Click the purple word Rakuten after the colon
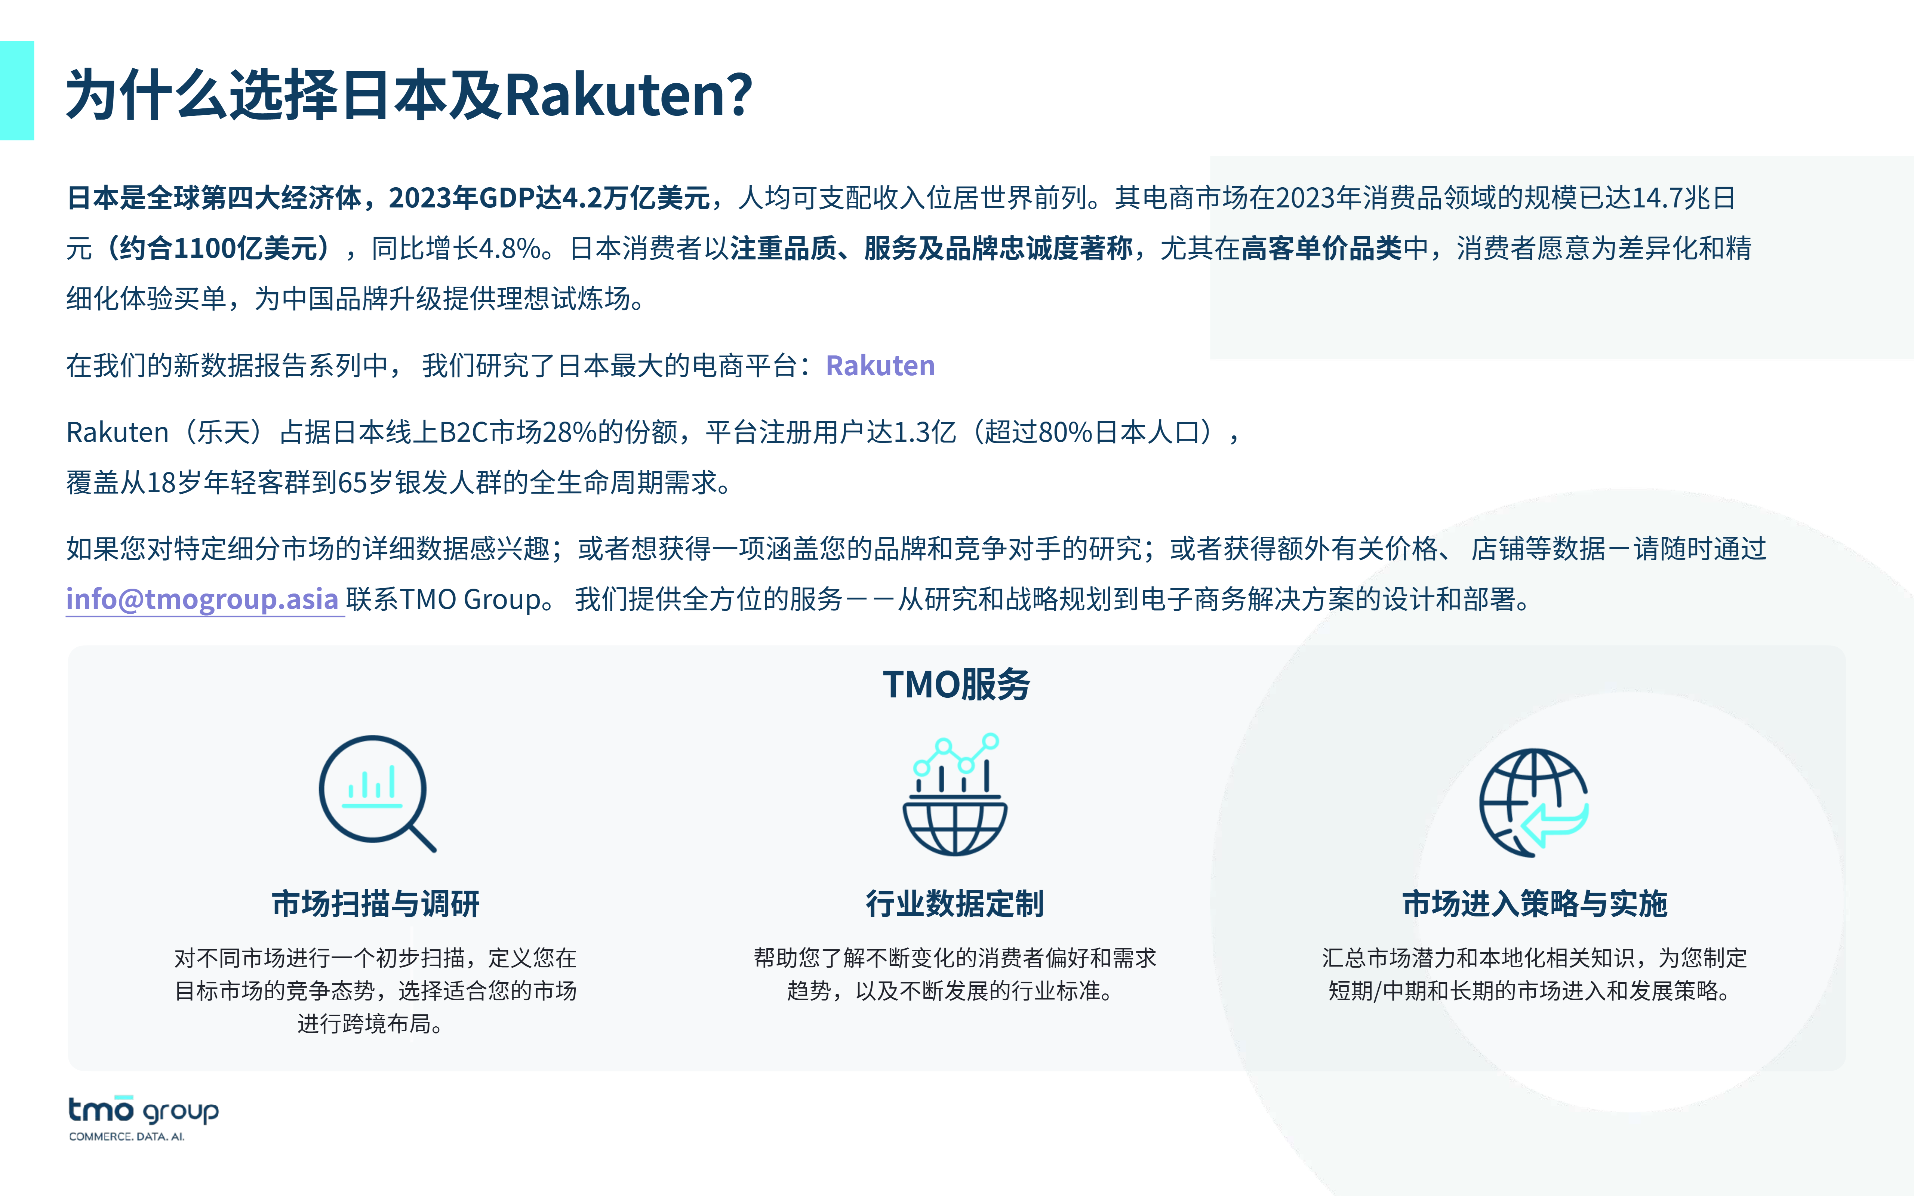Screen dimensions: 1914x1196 (880, 366)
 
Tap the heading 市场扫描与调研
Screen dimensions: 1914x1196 (376, 903)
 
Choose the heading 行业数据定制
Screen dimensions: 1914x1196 (956, 903)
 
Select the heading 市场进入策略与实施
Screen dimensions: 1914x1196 (1534, 903)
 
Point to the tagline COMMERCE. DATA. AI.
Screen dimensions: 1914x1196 (127, 1137)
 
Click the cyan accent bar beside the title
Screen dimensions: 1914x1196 (16, 90)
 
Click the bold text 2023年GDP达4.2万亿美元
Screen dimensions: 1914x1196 (549, 198)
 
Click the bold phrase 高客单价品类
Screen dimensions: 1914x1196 (1321, 249)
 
